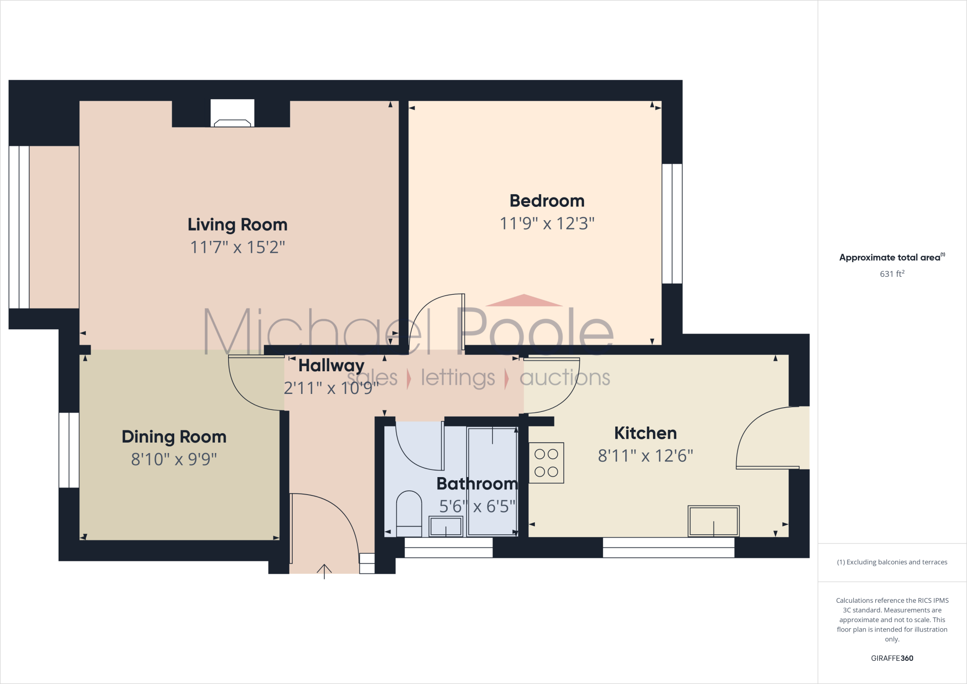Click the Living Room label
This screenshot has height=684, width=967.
(238, 224)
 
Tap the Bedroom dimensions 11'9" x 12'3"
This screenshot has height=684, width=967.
(547, 223)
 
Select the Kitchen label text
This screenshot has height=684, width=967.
(645, 433)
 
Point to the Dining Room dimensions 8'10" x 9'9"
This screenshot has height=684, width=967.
(174, 459)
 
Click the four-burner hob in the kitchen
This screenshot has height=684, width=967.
(546, 463)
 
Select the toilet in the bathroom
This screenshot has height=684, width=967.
(409, 513)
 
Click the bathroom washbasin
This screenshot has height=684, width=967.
(446, 526)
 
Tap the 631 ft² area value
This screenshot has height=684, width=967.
(892, 274)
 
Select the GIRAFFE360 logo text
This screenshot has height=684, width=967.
(892, 658)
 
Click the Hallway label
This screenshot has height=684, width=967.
(331, 365)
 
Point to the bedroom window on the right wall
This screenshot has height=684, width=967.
(672, 223)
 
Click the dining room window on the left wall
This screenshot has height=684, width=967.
(69, 450)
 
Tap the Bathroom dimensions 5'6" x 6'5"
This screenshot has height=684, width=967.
(477, 506)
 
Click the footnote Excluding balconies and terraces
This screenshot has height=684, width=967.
(892, 562)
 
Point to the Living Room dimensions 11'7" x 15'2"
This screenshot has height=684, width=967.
(238, 247)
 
